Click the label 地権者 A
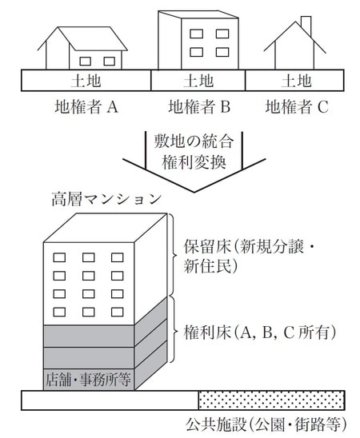pos(86,106)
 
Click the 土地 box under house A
pos(86,80)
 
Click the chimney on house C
pos(306,24)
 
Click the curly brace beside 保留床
pos(170,255)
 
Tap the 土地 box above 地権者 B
pos(198,80)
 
